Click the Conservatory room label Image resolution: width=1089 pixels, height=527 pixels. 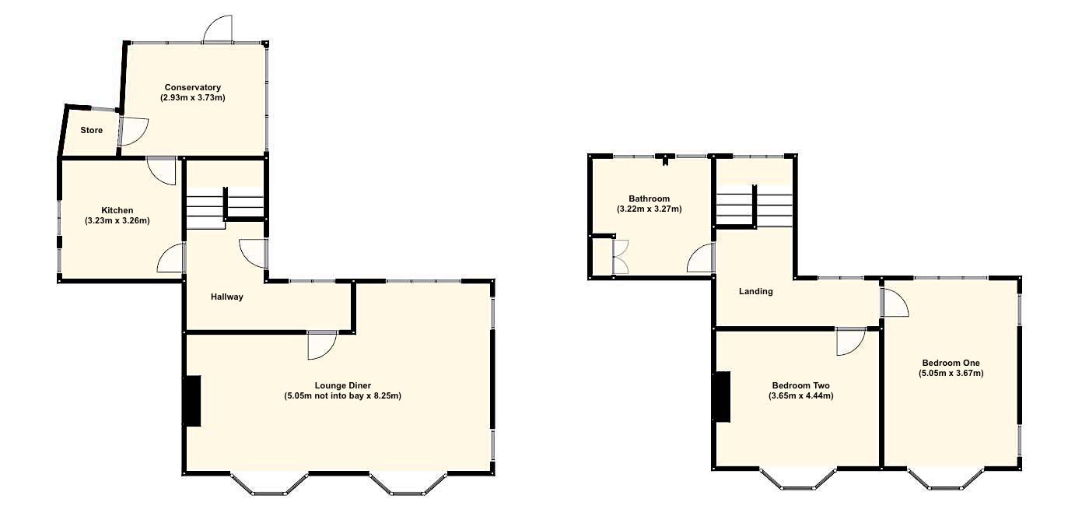(192, 87)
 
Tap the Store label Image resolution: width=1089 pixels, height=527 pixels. (92, 130)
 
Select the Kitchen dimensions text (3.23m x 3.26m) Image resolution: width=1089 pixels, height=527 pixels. (117, 221)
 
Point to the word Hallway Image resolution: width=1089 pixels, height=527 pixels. (227, 297)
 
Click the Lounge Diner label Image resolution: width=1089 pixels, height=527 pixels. (342, 385)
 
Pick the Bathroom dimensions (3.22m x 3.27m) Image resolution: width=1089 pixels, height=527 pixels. (650, 209)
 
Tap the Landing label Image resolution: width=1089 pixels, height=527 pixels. (755, 292)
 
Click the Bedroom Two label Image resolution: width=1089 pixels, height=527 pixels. (800, 385)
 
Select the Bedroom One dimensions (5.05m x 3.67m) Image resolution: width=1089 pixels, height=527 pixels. (951, 373)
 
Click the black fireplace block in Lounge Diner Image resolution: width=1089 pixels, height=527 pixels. (191, 401)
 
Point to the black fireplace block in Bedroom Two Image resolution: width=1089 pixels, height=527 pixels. (723, 397)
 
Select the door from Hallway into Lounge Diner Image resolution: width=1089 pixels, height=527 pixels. (320, 345)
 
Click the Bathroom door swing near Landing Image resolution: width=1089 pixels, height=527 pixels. (702, 258)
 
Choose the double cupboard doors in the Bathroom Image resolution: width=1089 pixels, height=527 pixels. (620, 257)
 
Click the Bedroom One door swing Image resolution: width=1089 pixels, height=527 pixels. (895, 303)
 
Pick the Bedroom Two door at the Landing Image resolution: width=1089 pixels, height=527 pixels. (850, 342)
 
